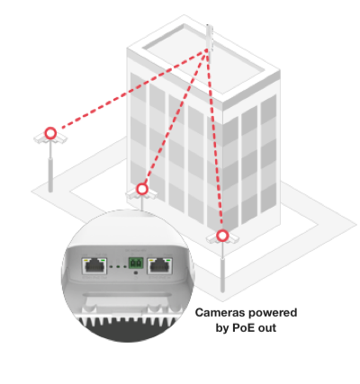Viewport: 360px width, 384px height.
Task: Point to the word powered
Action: pyautogui.click(x=273, y=313)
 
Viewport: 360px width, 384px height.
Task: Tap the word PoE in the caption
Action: pyautogui.click(x=243, y=328)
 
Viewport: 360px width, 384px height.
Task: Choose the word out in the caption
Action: pyautogui.click(x=266, y=328)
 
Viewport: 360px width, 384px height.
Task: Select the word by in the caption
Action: pyautogui.click(x=222, y=328)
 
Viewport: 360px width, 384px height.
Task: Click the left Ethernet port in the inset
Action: pyautogui.click(x=94, y=266)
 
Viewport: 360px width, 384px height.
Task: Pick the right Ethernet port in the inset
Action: pyautogui.click(x=160, y=266)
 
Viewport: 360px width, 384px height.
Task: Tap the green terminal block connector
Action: pyautogui.click(x=136, y=263)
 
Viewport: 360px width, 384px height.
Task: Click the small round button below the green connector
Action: pyautogui.click(x=136, y=273)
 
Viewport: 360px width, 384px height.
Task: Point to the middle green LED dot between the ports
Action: pyautogui.click(x=118, y=266)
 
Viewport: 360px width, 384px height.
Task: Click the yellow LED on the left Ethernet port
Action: pyautogui.click(x=85, y=260)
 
